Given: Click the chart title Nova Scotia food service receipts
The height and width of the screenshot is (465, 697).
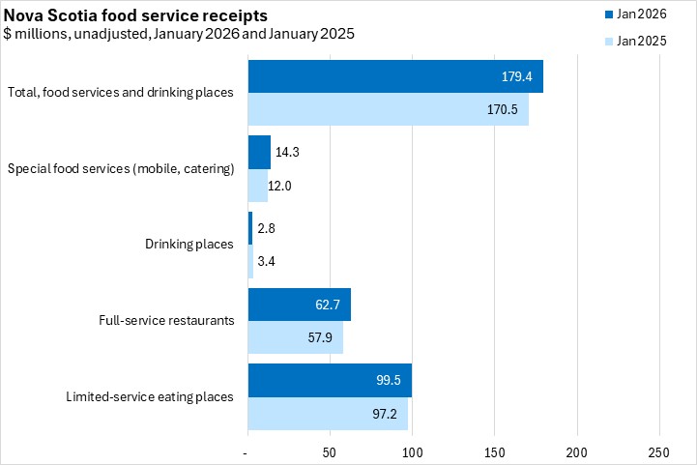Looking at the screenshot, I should point(136,16).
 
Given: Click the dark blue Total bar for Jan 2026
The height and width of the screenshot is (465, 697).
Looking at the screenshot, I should point(394,76).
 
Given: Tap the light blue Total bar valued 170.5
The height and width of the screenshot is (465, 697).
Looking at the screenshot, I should point(388,109).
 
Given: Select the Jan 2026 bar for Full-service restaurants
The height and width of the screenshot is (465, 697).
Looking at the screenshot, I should point(299,305).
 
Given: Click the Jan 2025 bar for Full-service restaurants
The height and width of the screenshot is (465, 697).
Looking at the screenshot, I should point(295,337).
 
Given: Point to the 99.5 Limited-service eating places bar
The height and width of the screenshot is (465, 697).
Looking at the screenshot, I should point(330,381).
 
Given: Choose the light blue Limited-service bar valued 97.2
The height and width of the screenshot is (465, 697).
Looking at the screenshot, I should point(328,414).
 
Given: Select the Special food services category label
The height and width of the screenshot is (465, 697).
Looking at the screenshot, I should point(121,169).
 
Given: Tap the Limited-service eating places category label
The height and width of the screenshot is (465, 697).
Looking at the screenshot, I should point(150,396).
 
